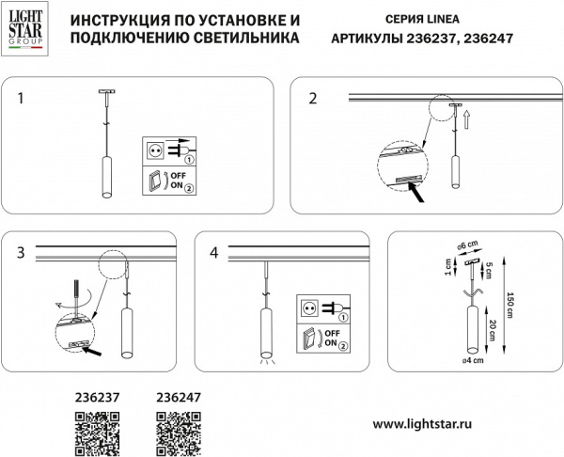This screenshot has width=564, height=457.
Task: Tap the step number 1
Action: [x=22, y=97]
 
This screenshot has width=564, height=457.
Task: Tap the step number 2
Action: [x=313, y=98]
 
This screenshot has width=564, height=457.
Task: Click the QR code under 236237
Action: [x=95, y=435]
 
